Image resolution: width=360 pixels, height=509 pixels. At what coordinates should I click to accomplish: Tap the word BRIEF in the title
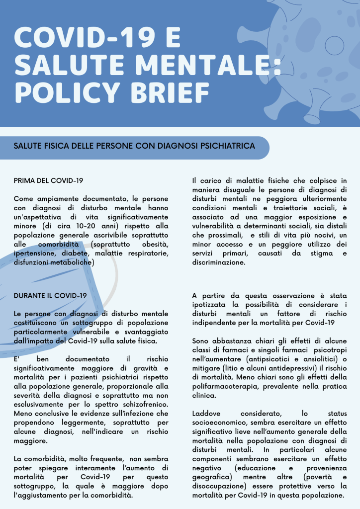click(165, 91)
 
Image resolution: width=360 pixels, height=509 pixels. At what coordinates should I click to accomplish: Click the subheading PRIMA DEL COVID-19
click(48, 180)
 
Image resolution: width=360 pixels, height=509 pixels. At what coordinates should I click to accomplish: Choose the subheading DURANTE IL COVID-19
click(50, 296)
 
